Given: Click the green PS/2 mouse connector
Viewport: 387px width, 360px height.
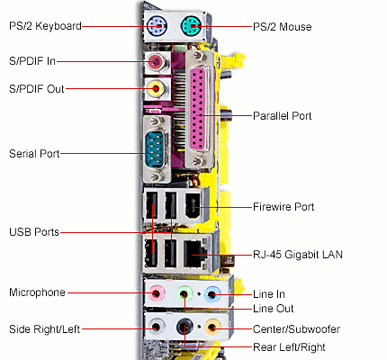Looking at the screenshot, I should pyautogui.click(x=191, y=26).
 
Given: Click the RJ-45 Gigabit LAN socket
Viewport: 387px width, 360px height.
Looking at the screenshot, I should pyautogui.click(x=193, y=254).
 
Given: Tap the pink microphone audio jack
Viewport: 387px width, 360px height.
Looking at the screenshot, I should pyautogui.click(x=157, y=293).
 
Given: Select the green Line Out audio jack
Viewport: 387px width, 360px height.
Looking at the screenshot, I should pyautogui.click(x=185, y=293).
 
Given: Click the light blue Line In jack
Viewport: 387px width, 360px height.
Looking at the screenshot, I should pyautogui.click(x=213, y=293).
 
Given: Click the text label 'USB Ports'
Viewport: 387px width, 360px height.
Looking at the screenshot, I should pyautogui.click(x=33, y=232).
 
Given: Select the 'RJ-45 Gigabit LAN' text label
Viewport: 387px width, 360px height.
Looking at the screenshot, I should pyautogui.click(x=298, y=255).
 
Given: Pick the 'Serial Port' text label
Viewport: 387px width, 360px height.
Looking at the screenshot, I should pyautogui.click(x=34, y=154).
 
